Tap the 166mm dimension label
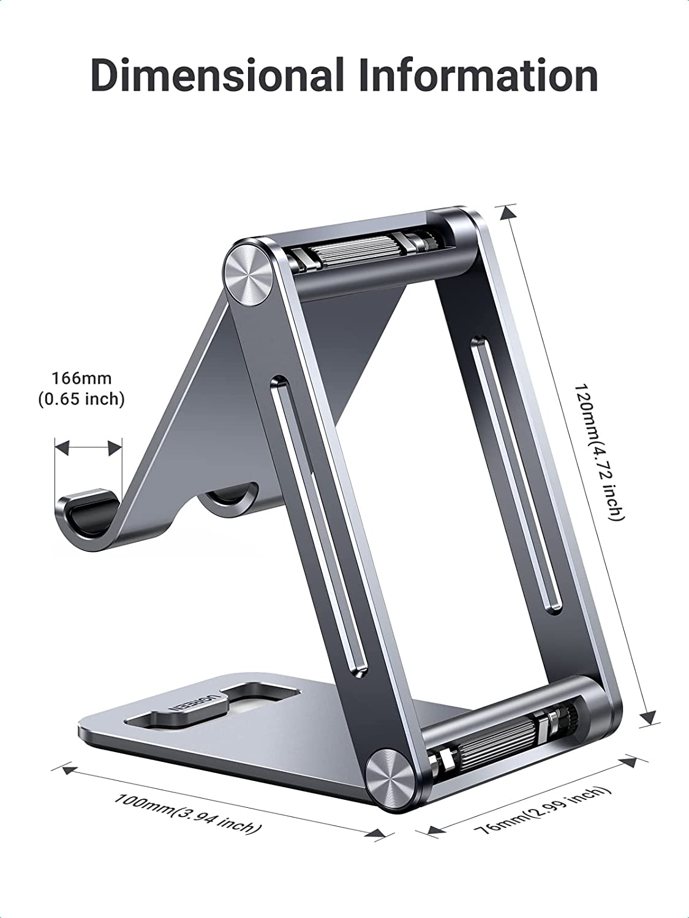tap(81, 378)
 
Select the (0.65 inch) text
tap(81, 399)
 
